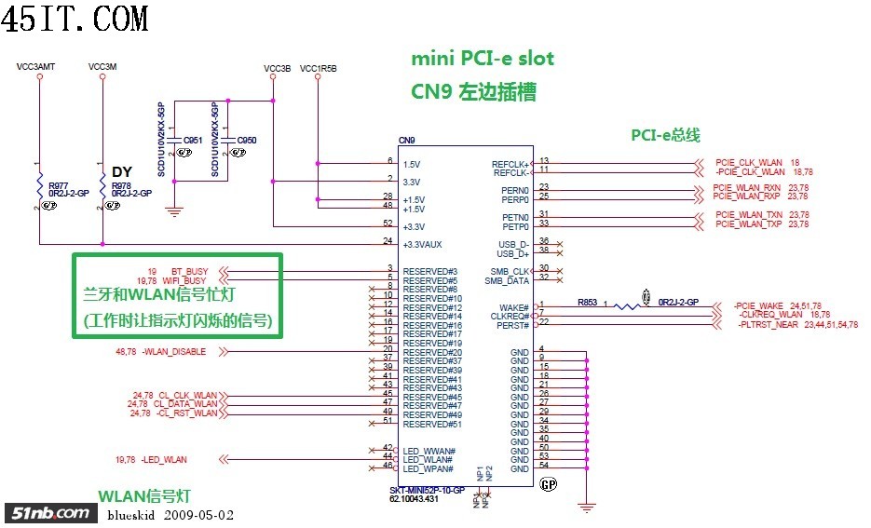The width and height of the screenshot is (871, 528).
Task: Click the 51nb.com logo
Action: click(x=50, y=512)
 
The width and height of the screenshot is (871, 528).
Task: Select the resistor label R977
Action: click(x=57, y=185)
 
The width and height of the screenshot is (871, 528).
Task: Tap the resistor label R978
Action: click(x=121, y=185)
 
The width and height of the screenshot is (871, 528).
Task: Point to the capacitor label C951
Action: click(x=193, y=141)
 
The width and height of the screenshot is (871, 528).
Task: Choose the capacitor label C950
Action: click(x=247, y=141)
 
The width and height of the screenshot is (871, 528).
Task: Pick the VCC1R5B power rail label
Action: click(x=319, y=69)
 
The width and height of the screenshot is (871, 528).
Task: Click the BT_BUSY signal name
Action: click(x=190, y=271)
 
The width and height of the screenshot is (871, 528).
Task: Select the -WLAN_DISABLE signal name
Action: click(x=174, y=352)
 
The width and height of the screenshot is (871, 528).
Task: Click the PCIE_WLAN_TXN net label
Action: click(x=748, y=215)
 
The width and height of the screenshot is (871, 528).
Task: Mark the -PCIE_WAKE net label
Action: click(x=757, y=305)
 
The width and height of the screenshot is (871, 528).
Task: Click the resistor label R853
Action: click(x=587, y=302)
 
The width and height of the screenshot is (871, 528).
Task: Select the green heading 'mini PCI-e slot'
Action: click(x=483, y=59)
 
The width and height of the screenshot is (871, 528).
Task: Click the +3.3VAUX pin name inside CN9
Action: click(x=422, y=244)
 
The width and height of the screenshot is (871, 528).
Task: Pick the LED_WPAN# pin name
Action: click(x=428, y=468)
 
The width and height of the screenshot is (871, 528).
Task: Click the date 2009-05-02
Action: click(x=199, y=514)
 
